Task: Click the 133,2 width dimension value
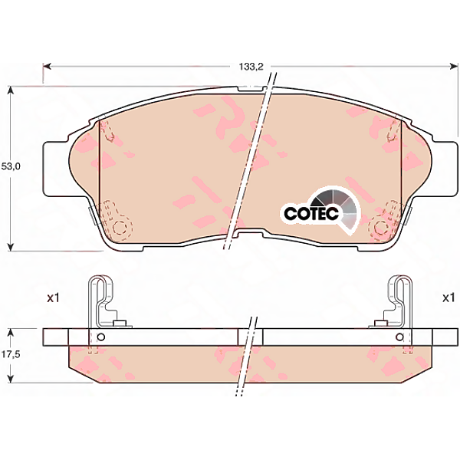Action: point(251,67)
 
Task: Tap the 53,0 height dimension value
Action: point(11,166)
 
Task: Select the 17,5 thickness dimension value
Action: point(10,355)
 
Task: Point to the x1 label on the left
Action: point(54,298)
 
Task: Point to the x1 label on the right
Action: point(449,298)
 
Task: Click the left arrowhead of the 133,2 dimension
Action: point(47,67)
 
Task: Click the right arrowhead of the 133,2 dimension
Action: point(454,67)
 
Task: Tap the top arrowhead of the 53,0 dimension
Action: point(11,90)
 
